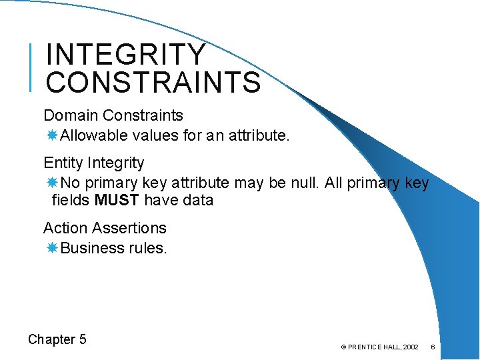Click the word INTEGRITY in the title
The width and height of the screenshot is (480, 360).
pos(127,55)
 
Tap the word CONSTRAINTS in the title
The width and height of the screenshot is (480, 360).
pos(153,83)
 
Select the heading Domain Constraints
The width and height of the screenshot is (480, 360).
pos(113,116)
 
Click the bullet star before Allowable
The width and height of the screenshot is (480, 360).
pos(52,136)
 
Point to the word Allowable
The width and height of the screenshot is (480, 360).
pos(94,136)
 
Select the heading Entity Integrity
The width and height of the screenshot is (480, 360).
pos(93,163)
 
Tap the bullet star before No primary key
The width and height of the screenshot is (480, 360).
pos(52,183)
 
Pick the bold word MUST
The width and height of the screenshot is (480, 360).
pos(117,200)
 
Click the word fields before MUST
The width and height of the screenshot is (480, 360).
pos(71,200)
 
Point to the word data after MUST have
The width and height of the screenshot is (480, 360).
pos(196,200)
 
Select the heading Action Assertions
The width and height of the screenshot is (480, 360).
pos(105,228)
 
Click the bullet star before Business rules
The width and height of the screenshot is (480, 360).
pos(52,248)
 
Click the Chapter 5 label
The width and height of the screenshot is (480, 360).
pos(57,339)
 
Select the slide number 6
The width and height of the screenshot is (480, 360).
pos(433,347)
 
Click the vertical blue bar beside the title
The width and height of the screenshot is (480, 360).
pos(32,67)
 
